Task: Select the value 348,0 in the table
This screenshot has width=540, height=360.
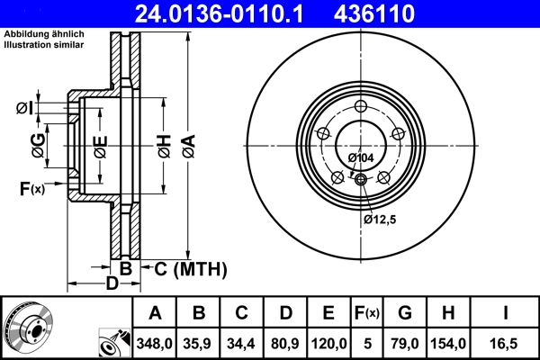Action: click(x=155, y=343)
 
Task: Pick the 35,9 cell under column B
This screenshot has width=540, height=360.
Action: click(x=200, y=343)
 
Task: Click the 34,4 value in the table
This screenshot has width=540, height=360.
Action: click(x=242, y=343)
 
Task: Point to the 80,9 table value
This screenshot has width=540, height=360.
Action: click(x=285, y=343)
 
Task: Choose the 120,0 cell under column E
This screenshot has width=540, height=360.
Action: click(x=328, y=343)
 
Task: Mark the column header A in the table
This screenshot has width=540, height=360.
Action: click(x=155, y=313)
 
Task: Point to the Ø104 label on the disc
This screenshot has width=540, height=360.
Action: click(x=360, y=158)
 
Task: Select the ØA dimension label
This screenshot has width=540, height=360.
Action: click(x=188, y=143)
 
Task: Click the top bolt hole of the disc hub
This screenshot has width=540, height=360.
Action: click(x=362, y=108)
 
